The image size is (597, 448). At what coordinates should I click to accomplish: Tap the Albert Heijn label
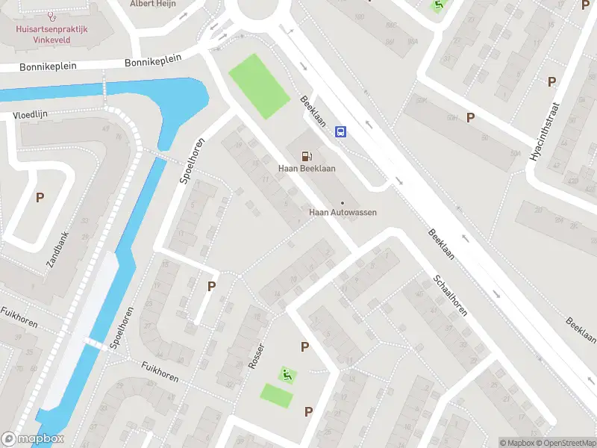(154, 4)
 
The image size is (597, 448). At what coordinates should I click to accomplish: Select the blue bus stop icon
(340, 132)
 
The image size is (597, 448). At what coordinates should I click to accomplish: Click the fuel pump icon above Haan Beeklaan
(306, 156)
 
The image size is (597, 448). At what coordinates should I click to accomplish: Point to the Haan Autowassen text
(343, 212)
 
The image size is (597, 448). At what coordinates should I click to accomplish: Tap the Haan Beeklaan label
(307, 168)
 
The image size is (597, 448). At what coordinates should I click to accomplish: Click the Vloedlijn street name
(29, 116)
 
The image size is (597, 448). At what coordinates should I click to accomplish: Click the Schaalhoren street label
(449, 294)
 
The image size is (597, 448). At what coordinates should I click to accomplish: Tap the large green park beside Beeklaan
(258, 86)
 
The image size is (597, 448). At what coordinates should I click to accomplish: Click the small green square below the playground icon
(276, 396)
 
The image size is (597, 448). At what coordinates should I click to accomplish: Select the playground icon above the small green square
(284, 374)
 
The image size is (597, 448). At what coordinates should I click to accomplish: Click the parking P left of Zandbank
(40, 198)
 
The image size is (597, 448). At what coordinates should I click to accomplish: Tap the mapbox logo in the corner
(33, 439)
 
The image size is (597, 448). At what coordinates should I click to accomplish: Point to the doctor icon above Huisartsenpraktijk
(51, 15)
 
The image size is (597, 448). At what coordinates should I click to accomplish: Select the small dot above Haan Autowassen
(343, 202)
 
